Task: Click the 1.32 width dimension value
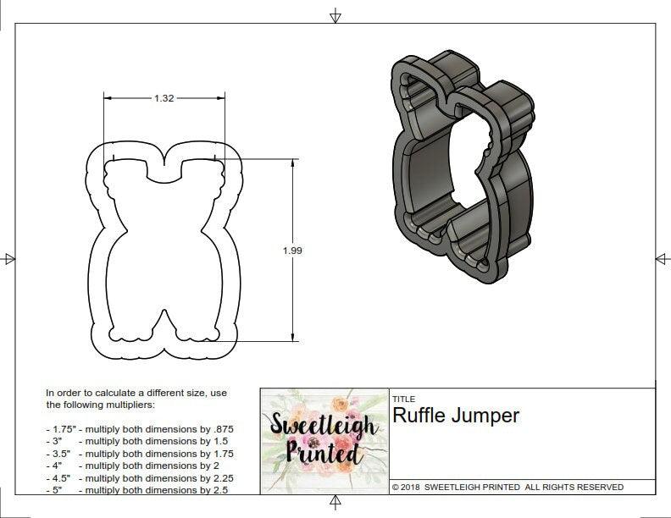[x=164, y=98]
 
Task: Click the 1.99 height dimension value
[x=293, y=250]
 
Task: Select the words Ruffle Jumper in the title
[x=456, y=416]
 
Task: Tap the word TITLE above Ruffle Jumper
[x=403, y=399]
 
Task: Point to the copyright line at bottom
[x=507, y=487]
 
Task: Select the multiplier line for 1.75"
[x=140, y=429]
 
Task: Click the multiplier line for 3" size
[x=140, y=441]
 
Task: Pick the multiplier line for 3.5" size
[x=140, y=454]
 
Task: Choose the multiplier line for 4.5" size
[x=140, y=478]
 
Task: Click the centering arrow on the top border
[x=335, y=16]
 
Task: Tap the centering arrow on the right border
[x=662, y=258]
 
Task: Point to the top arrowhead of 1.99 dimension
[x=294, y=163]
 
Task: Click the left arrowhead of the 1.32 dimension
[x=108, y=98]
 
